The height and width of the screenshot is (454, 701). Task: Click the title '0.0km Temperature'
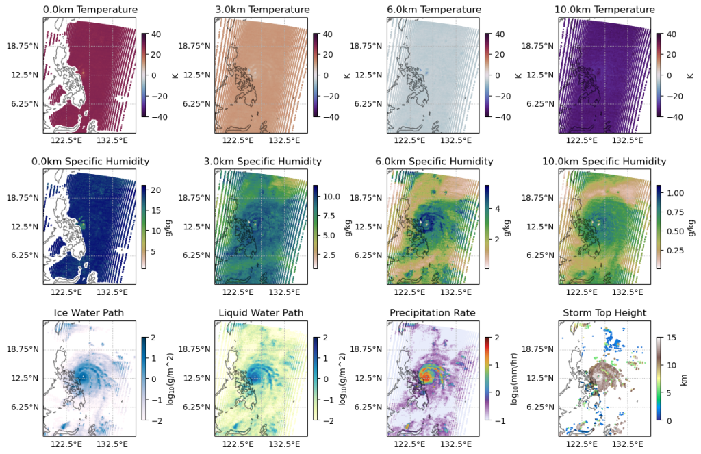90,10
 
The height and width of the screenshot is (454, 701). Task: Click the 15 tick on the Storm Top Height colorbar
671,337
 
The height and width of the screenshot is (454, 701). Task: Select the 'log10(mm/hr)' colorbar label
513,378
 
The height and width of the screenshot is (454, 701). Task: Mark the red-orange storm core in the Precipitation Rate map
426,375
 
